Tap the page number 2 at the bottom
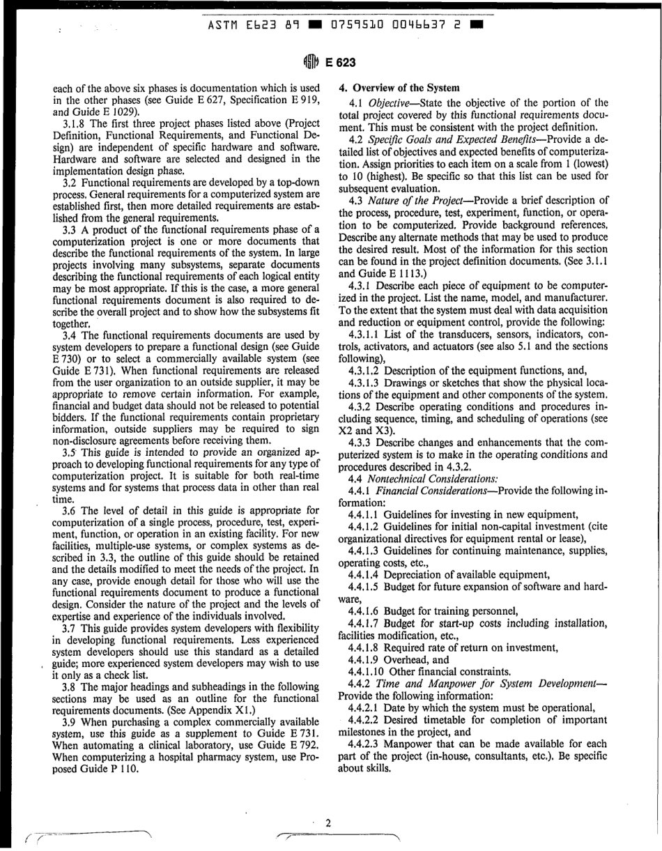click(x=328, y=823)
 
